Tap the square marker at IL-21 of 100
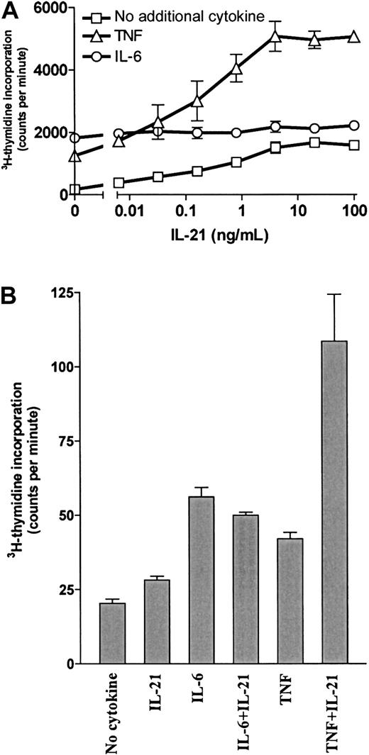(x=353, y=145)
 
